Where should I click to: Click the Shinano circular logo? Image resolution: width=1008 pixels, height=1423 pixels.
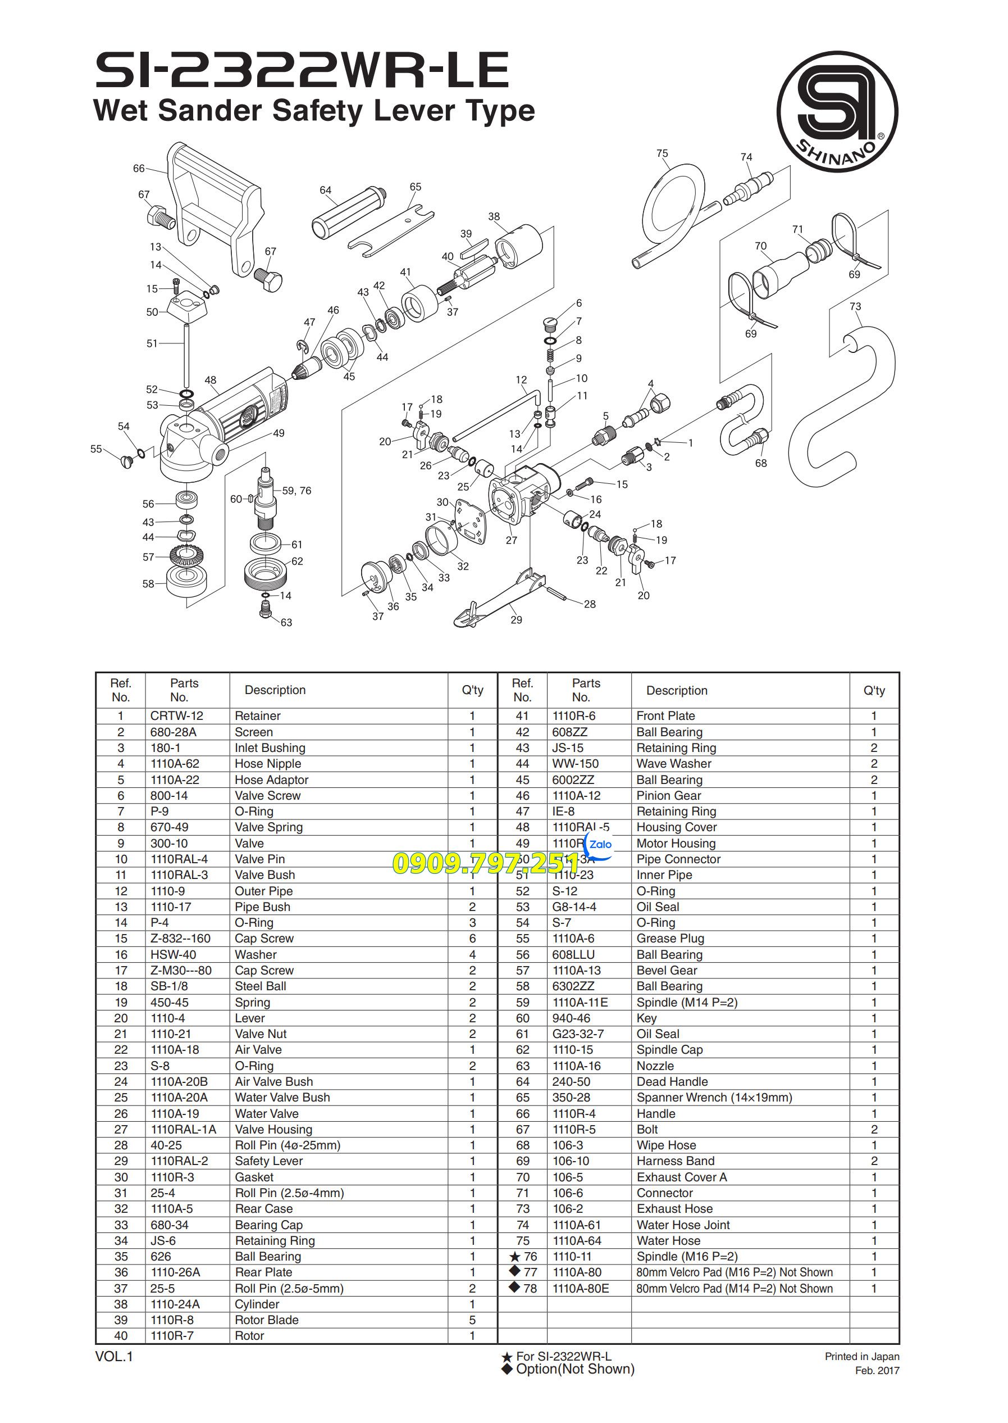point(837,112)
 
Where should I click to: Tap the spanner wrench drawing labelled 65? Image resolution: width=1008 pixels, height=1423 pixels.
point(389,228)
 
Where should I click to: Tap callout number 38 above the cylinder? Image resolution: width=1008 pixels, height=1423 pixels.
point(494,217)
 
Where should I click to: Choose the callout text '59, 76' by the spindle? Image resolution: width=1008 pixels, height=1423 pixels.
point(296,491)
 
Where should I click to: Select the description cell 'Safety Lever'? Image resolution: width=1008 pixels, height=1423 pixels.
point(269,1161)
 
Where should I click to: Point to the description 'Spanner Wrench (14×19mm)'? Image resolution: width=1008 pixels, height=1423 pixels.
point(714,1098)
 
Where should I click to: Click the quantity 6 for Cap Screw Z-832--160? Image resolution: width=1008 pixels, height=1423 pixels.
point(472,939)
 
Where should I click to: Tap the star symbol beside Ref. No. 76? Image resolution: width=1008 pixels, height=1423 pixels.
point(514,1257)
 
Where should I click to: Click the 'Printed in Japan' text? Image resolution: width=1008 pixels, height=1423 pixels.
point(861,1357)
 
